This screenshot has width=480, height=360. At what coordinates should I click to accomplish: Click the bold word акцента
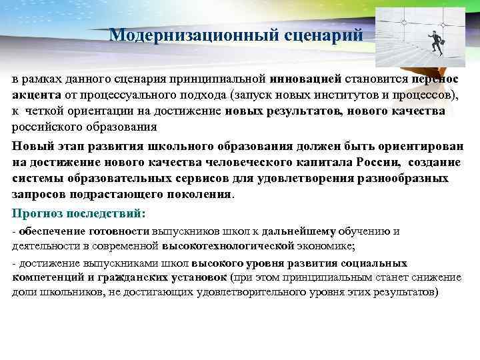tap(36, 95)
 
